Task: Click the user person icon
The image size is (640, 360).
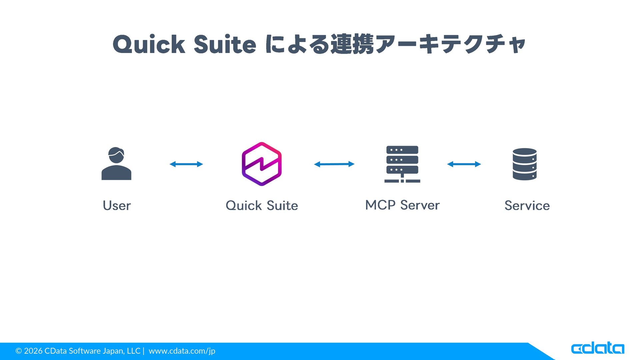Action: coord(116,164)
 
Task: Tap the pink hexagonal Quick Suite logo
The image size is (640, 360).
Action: coord(262,164)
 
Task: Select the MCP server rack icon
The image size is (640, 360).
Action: coord(402,164)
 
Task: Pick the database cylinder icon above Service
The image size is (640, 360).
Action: coord(525,164)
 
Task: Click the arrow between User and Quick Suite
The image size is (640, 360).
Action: coord(186,164)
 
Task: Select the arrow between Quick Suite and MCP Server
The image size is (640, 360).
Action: coord(334,164)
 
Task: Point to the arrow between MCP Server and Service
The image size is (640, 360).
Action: coord(464,164)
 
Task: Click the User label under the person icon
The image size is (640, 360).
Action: coord(117,206)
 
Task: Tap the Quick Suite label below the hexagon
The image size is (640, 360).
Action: coord(262,206)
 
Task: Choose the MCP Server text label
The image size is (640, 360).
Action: coord(402,205)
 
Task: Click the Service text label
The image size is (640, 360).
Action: coord(527,206)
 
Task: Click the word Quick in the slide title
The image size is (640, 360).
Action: coord(149,44)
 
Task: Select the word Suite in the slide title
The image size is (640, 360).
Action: coord(225,44)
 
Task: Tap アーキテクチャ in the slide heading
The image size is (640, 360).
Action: coord(450,44)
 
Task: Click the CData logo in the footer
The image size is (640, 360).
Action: coord(597,348)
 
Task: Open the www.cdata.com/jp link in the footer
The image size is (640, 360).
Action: coord(182,351)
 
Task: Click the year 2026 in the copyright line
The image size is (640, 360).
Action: coord(33,351)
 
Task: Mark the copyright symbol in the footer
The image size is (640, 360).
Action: coord(19,351)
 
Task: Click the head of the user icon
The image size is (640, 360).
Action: coord(116,155)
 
